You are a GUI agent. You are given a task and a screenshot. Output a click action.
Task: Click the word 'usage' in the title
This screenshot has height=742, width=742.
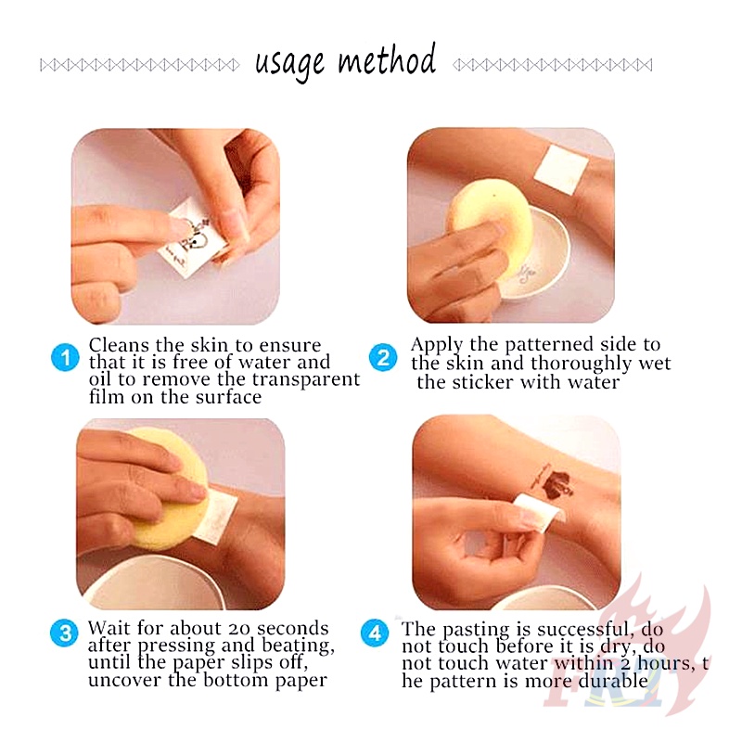pyautogui.click(x=289, y=65)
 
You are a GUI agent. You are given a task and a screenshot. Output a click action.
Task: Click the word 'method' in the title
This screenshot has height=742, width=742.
pyautogui.click(x=386, y=59)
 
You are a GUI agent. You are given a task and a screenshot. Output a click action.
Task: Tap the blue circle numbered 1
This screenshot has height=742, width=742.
pyautogui.click(x=65, y=357)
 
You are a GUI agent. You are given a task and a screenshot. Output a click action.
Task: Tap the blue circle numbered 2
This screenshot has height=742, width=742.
pyautogui.click(x=383, y=357)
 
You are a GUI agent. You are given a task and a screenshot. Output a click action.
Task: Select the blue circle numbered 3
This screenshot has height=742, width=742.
pyautogui.click(x=64, y=633)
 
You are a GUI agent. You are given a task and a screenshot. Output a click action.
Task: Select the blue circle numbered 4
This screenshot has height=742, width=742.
pyautogui.click(x=375, y=633)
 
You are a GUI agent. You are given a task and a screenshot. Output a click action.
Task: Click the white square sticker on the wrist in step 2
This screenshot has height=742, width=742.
pyautogui.click(x=561, y=171)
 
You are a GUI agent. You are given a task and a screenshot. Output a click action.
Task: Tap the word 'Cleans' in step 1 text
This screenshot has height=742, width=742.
pyautogui.click(x=119, y=345)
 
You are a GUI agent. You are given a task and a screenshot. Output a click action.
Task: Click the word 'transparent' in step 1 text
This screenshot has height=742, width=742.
pyautogui.click(x=306, y=379)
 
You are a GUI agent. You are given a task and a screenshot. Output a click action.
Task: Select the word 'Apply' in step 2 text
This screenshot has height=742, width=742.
pyautogui.click(x=436, y=345)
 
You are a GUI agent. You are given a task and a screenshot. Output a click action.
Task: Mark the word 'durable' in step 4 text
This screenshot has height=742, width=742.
pyautogui.click(x=613, y=681)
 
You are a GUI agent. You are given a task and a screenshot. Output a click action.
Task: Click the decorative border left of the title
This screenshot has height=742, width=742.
pyautogui.click(x=140, y=65)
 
